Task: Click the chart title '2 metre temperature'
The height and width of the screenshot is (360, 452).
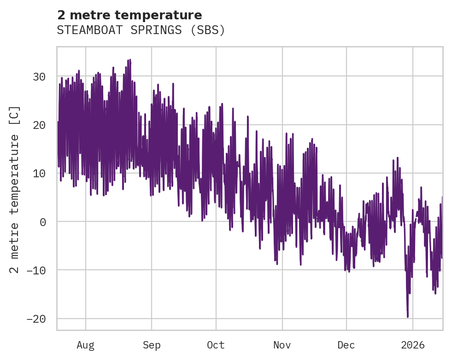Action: (x=129, y=15)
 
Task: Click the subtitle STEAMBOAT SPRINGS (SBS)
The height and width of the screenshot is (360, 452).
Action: (x=141, y=30)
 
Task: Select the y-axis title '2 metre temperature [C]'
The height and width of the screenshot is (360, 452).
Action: (x=15, y=189)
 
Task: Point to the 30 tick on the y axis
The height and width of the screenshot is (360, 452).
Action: (x=39, y=76)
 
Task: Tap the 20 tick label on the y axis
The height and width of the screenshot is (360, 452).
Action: (x=39, y=125)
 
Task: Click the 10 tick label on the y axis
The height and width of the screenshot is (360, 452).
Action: (x=39, y=173)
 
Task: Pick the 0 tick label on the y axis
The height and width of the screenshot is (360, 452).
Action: (x=43, y=221)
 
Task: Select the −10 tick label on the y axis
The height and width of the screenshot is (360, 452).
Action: (x=36, y=270)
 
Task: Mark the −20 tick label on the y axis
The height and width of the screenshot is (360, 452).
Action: (x=36, y=319)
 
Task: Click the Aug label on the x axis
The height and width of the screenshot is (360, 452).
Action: (x=86, y=345)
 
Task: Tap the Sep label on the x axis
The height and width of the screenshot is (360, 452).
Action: (x=152, y=345)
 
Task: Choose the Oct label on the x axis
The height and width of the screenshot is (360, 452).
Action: (x=216, y=345)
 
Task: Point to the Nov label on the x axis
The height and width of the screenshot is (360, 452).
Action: (x=282, y=345)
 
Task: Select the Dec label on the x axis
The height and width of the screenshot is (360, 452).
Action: (x=346, y=345)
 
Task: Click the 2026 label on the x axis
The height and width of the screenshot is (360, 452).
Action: (x=413, y=345)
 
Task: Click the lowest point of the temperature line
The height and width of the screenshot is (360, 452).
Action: (x=408, y=317)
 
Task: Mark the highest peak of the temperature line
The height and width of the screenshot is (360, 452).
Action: (x=130, y=60)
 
